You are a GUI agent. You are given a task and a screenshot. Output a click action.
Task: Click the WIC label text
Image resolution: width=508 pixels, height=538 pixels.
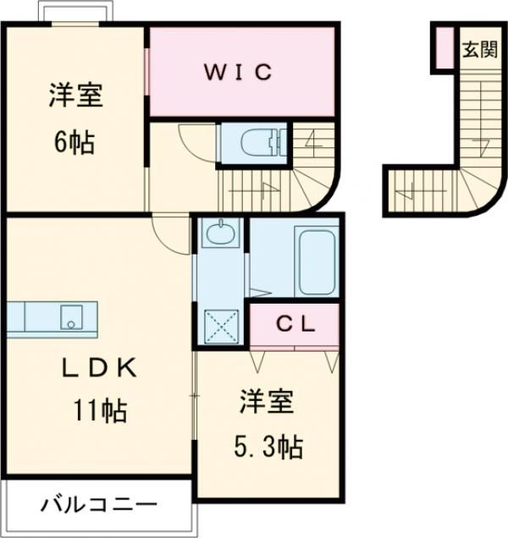(x=237, y=72)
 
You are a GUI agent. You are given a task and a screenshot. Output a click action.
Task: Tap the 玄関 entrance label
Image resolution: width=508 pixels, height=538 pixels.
(x=479, y=51)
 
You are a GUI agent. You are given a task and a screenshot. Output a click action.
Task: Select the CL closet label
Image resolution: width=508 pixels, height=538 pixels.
(x=295, y=323)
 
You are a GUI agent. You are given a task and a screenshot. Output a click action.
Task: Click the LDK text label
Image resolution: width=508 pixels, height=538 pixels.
(x=99, y=368)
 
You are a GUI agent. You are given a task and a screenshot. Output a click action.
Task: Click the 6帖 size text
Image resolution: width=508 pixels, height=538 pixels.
(x=75, y=141)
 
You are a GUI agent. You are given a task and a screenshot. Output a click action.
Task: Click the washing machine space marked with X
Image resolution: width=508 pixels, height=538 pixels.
(x=221, y=326)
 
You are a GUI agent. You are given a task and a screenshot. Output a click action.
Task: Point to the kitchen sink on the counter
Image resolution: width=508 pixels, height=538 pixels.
(x=71, y=318)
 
